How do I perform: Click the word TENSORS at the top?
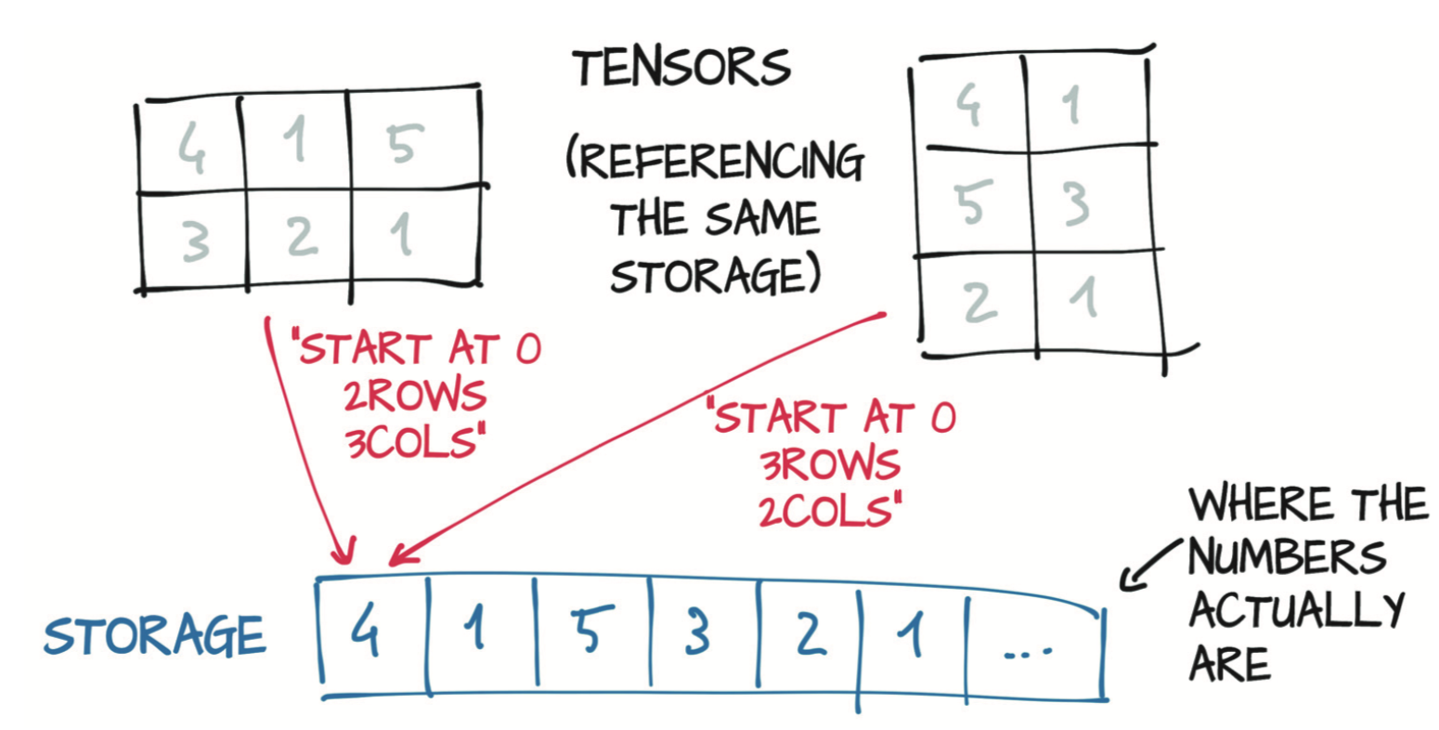coord(682,68)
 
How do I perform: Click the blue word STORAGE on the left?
coord(155,635)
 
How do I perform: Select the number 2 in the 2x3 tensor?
coord(302,237)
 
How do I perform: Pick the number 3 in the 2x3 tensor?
coord(195,241)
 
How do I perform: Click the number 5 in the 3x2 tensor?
coord(973,202)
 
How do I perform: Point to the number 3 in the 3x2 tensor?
coord(1077,203)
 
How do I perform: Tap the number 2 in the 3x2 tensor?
coord(980,301)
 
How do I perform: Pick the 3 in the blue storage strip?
coord(697,632)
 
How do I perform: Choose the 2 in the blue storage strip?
coord(810,632)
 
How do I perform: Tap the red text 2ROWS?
coord(415,395)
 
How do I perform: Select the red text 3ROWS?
coord(830,464)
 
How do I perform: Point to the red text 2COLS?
coord(830,512)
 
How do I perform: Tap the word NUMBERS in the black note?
coord(1286,556)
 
